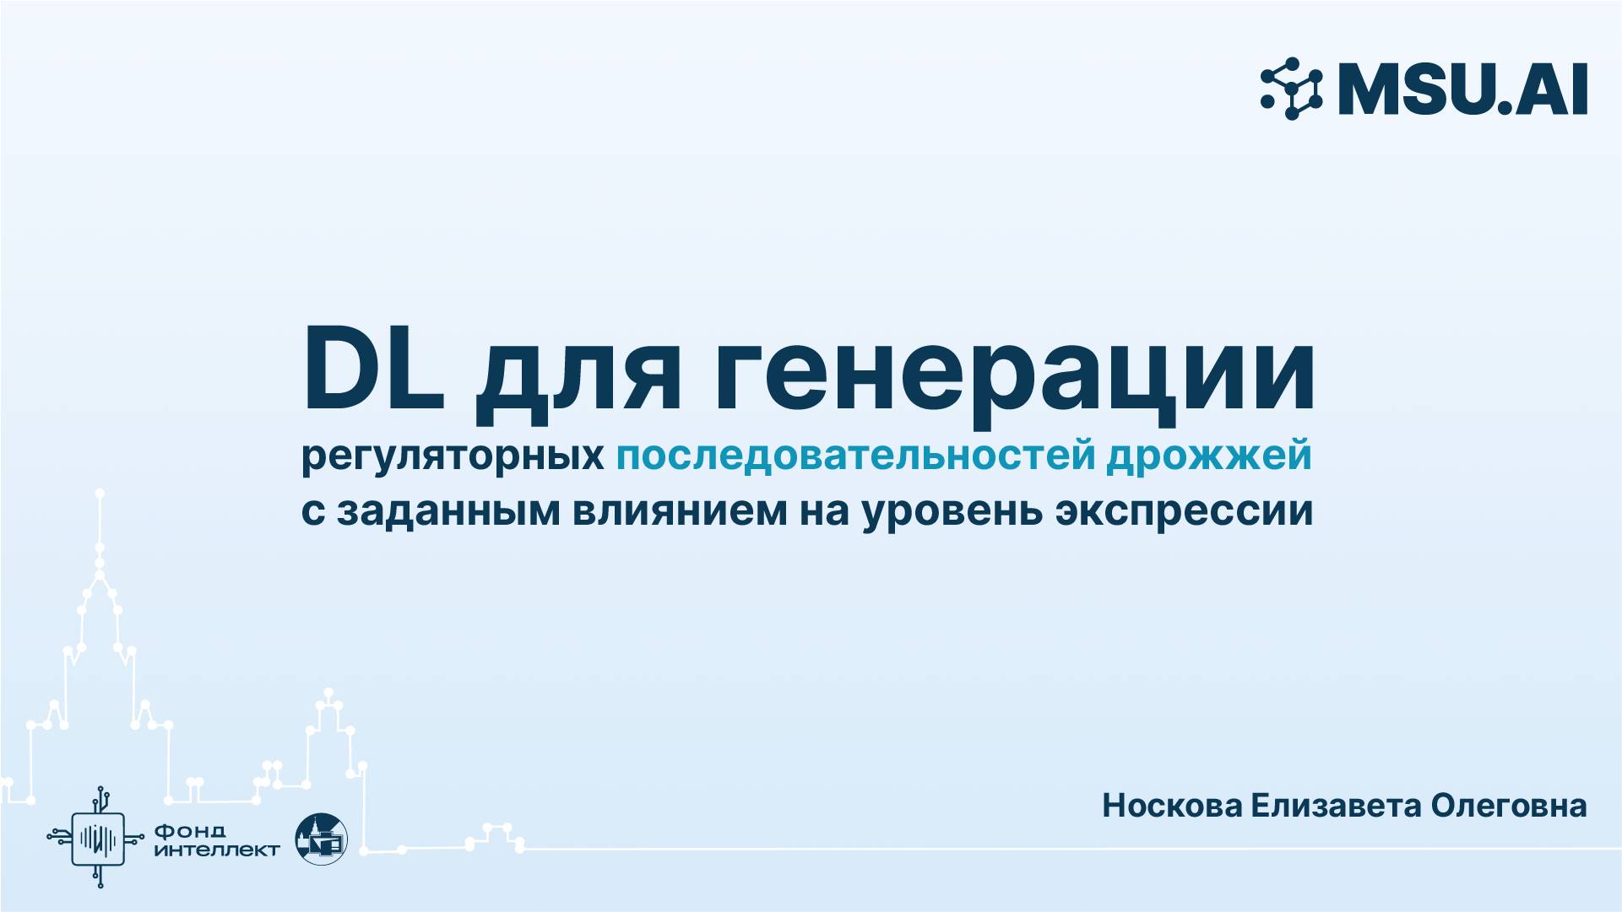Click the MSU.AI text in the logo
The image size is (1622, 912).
tap(1462, 89)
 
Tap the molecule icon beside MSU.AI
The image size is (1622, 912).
tap(1291, 89)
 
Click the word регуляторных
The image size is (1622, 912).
tap(453, 456)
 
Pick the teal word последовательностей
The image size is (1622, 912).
tap(855, 456)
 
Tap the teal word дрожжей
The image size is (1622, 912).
tap(1209, 456)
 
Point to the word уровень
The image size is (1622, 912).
tap(952, 511)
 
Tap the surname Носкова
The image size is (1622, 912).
tap(1172, 806)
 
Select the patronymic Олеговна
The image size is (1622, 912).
tap(1509, 806)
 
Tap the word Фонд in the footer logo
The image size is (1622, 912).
tap(190, 832)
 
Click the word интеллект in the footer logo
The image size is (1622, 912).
tap(217, 850)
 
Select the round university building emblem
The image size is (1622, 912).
tap(322, 839)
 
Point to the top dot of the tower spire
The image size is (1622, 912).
tap(100, 493)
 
